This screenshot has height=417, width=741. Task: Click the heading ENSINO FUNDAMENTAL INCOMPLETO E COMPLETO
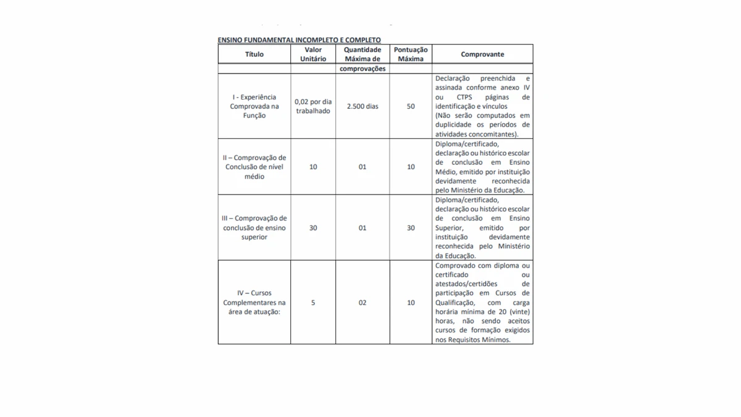(299, 40)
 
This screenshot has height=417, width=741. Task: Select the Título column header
(254, 54)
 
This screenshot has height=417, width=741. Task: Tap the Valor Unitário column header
(313, 54)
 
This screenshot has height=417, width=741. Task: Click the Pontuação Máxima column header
(411, 54)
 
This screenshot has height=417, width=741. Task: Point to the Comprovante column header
(482, 54)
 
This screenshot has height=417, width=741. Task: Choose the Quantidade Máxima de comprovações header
(362, 59)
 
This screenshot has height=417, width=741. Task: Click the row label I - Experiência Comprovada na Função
(254, 106)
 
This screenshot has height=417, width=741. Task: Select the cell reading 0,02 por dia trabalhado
(313, 106)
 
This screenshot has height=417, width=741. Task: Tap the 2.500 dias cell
(362, 106)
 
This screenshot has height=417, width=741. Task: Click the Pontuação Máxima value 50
(411, 106)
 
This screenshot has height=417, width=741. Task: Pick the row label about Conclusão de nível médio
(254, 167)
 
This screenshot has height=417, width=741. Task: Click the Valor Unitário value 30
(313, 228)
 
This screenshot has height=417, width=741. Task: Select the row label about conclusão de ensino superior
(254, 228)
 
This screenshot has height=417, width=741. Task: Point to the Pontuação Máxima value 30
(411, 228)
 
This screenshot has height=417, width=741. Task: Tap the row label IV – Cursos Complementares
(254, 303)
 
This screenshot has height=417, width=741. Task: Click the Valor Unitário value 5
(313, 303)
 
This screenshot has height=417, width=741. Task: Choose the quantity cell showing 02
(362, 303)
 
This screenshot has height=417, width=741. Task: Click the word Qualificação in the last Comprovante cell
(455, 303)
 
